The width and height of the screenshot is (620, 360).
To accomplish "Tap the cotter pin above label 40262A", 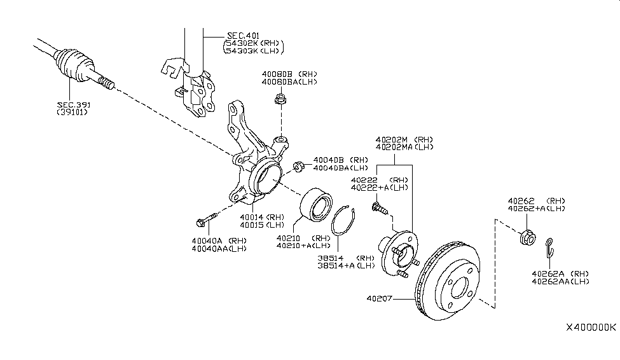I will click(x=551, y=246).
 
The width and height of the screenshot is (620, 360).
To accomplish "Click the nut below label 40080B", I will click(x=280, y=99).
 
